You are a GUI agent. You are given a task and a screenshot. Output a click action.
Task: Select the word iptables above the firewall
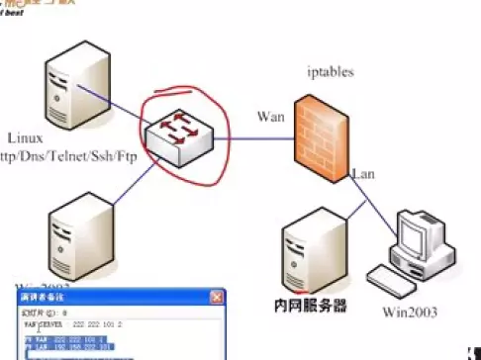331,72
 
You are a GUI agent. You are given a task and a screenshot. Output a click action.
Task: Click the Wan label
271,116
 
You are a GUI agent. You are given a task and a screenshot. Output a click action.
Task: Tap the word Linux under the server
25,138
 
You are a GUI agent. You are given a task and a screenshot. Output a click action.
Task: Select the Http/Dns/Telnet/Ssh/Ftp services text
60,156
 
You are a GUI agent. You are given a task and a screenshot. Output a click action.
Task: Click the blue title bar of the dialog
109,297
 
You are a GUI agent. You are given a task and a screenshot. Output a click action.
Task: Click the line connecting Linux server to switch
119,107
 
